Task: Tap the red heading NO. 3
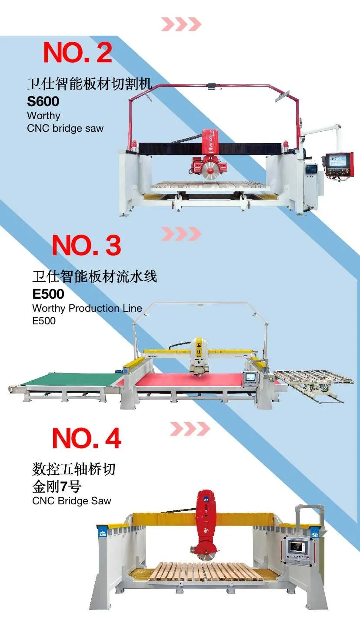(87, 245)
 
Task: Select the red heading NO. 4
(87, 439)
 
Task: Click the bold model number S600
(43, 101)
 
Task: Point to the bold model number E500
(48, 294)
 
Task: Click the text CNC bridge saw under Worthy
(65, 128)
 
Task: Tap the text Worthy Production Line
(87, 308)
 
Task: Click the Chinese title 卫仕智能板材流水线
(95, 276)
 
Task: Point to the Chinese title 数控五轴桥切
(74, 469)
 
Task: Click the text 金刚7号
(57, 487)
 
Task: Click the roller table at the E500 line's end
(313, 380)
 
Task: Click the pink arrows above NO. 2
(181, 24)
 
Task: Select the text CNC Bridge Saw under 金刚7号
(72, 501)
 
